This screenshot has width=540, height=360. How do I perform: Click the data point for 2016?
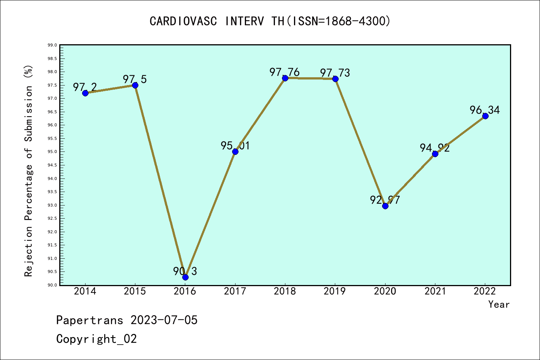185,277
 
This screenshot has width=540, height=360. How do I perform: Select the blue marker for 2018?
285,78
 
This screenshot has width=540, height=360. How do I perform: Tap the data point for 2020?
385,206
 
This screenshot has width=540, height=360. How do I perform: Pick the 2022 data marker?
485,116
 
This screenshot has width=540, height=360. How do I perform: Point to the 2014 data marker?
85,93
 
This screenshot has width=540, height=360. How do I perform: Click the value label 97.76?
284,72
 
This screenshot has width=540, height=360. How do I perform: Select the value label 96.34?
484,110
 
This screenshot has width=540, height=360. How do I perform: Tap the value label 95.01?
235,145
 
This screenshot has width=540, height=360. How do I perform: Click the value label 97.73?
335,73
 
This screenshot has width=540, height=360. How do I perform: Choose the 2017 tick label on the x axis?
235,291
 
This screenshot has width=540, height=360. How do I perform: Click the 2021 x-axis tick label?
435,291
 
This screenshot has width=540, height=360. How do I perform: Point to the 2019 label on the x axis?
335,291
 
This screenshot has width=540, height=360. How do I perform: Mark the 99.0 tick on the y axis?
52,45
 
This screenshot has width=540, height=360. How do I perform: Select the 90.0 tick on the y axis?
52,285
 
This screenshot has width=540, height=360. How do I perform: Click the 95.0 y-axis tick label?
52,152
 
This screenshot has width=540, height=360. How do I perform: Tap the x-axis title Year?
499,304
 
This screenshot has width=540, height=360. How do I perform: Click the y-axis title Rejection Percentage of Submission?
28,171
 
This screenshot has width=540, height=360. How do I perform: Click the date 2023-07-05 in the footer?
164,320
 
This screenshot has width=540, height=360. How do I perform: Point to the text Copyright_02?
96,339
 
